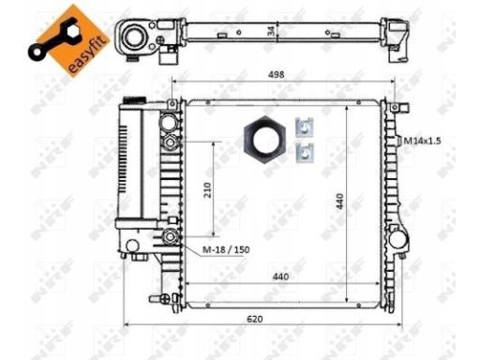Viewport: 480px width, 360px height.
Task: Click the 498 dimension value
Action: pos(277,75)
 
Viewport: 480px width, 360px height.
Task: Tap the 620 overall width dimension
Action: pos(255,319)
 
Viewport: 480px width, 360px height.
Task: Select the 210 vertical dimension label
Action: pos(207,189)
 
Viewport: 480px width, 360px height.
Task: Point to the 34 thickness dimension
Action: pos(271,31)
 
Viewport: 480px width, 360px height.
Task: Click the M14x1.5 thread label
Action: pos(422,141)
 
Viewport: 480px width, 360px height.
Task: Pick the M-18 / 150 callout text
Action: pos(226,249)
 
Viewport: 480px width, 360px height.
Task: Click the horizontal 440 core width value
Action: pos(280,277)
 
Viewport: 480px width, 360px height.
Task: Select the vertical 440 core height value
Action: pos(340,202)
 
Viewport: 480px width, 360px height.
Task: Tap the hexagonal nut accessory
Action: pos(264,140)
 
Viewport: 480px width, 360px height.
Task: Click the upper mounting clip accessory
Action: pos(305,127)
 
